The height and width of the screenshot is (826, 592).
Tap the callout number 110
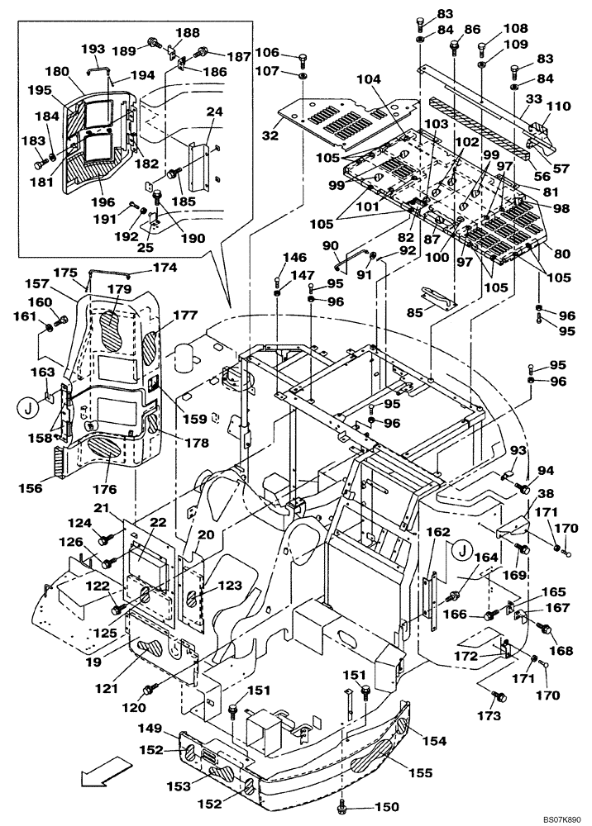559,106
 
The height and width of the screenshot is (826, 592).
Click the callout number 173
489,715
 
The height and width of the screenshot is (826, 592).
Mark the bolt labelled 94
523,491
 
